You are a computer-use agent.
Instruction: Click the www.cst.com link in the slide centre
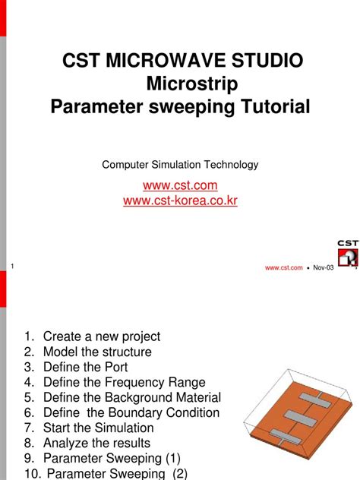click(x=180, y=185)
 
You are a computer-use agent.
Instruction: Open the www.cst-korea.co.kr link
click(x=180, y=201)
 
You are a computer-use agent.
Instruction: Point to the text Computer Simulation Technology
click(x=180, y=164)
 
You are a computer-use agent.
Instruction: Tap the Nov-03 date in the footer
click(x=324, y=267)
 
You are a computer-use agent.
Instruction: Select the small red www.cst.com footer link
click(x=283, y=267)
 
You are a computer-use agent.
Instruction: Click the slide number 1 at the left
click(x=14, y=264)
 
